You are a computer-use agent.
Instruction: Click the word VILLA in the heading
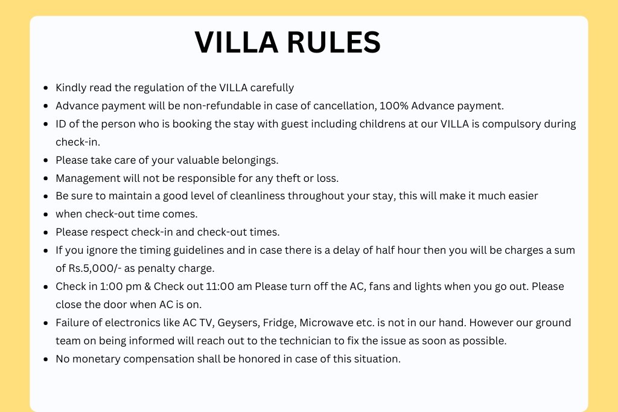pyautogui.click(x=237, y=42)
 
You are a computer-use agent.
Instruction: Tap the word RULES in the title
pyautogui.click(x=334, y=42)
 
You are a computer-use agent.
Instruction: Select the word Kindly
pyautogui.click(x=71, y=88)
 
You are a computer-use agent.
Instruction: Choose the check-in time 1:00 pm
pyautogui.click(x=120, y=286)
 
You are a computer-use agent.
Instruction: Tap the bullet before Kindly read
pyautogui.click(x=46, y=88)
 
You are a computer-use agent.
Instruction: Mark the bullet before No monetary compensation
pyautogui.click(x=46, y=359)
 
